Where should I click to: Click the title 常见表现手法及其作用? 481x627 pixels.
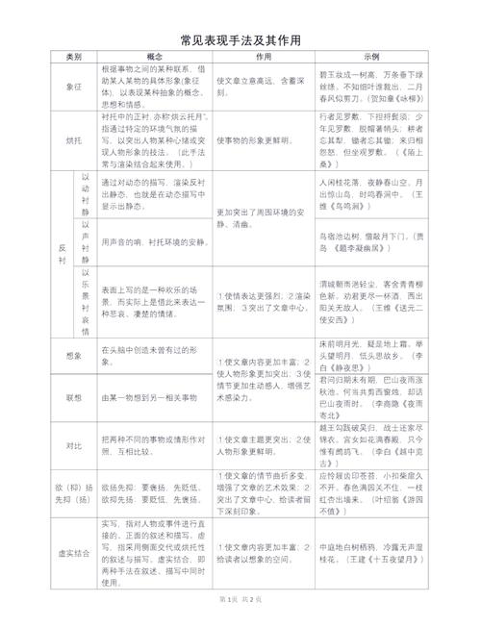pyautogui.click(x=240, y=40)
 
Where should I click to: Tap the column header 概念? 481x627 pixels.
pyautogui.click(x=154, y=57)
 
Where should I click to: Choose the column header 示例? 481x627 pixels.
pyautogui.click(x=372, y=57)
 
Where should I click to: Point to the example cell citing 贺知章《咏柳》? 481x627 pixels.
pyautogui.click(x=372, y=86)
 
